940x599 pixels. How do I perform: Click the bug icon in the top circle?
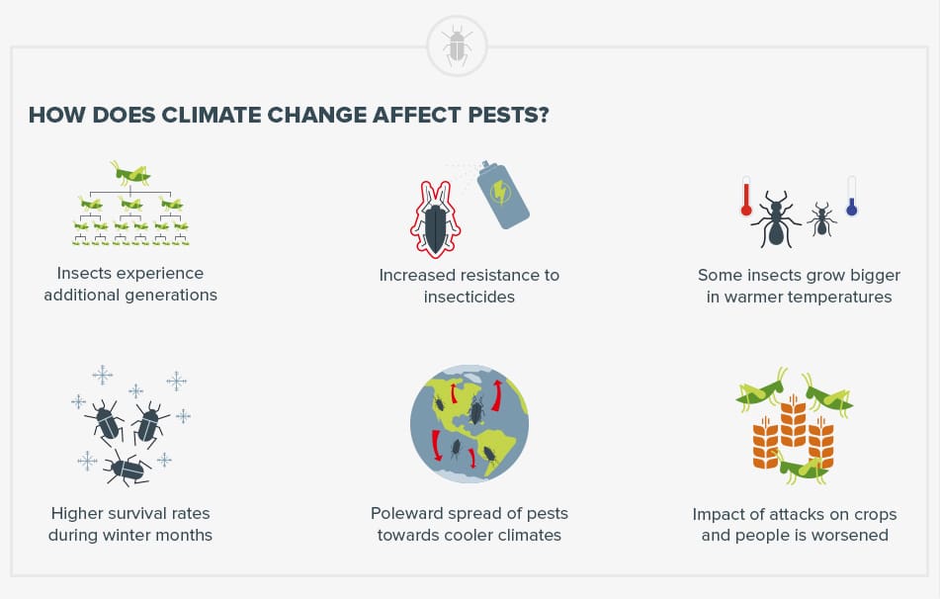(456, 45)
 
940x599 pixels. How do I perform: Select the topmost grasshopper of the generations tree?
(131, 174)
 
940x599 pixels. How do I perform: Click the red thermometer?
(747, 197)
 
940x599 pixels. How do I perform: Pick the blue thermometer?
(851, 196)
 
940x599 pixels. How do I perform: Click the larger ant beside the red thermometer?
(777, 219)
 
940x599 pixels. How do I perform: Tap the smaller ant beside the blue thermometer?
(820, 218)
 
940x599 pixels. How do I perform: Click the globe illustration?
(470, 425)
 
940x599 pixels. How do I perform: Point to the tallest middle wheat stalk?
(794, 425)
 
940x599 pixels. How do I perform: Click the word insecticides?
(470, 297)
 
